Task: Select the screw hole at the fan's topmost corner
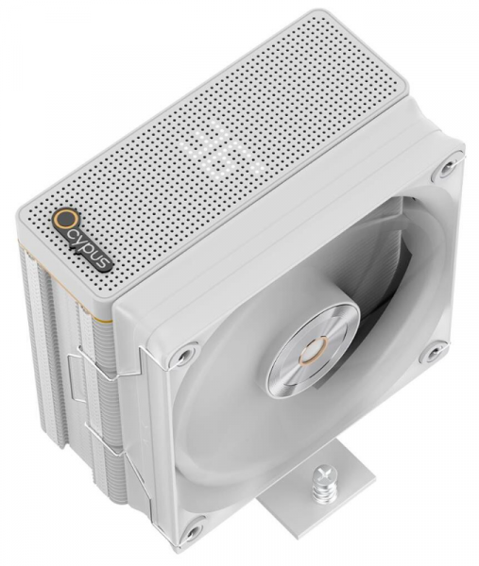447,167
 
